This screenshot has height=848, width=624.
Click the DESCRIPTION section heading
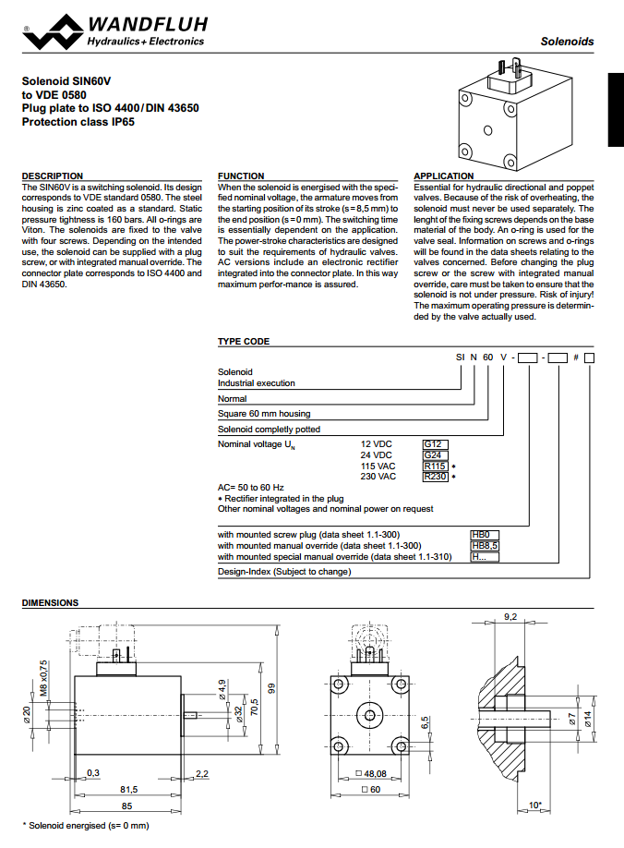pyautogui.click(x=53, y=176)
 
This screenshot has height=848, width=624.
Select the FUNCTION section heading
pyautogui.click(x=241, y=176)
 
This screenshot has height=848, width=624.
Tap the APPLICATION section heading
pyautogui.click(x=444, y=176)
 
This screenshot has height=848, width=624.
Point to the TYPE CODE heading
pyautogui.click(x=244, y=341)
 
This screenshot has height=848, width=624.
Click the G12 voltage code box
pyautogui.click(x=434, y=443)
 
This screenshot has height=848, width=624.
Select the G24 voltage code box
pyautogui.click(x=434, y=454)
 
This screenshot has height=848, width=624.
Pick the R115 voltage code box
pyautogui.click(x=436, y=466)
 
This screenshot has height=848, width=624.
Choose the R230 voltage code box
pyautogui.click(x=436, y=477)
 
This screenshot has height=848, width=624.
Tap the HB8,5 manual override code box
pyautogui.click(x=486, y=545)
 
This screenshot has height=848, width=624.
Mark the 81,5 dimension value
pyautogui.click(x=128, y=790)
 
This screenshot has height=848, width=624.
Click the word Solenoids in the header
pyautogui.click(x=567, y=42)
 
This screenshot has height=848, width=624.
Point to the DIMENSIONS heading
pyautogui.click(x=51, y=602)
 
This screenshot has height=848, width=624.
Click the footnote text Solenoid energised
pyautogui.click(x=85, y=825)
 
